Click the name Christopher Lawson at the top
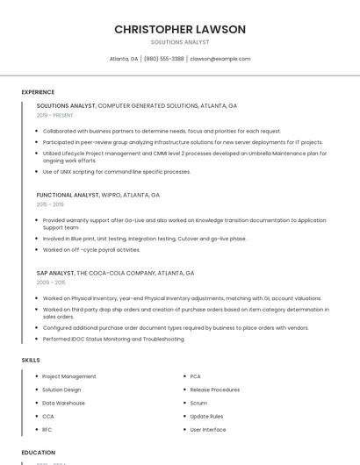pos(180,30)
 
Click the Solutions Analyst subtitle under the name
pos(180,41)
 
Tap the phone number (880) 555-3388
pos(163,59)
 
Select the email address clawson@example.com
pos(220,59)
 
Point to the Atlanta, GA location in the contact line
pos(123,59)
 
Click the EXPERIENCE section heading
pos(38,91)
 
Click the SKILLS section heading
pos(31,360)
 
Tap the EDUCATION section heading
pos(38,453)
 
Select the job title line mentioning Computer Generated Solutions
pos(136,105)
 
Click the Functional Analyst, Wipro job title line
pos(97,195)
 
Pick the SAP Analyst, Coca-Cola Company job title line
pos(115,273)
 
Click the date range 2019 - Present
pos(54,115)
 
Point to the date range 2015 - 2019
pos(50,204)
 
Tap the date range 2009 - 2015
pos(51,283)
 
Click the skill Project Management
pos(69,376)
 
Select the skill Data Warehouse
pos(63,403)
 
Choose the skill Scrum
pos(198,403)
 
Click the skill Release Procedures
pos(214,390)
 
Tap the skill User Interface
pos(208,429)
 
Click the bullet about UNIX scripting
pos(116,172)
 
